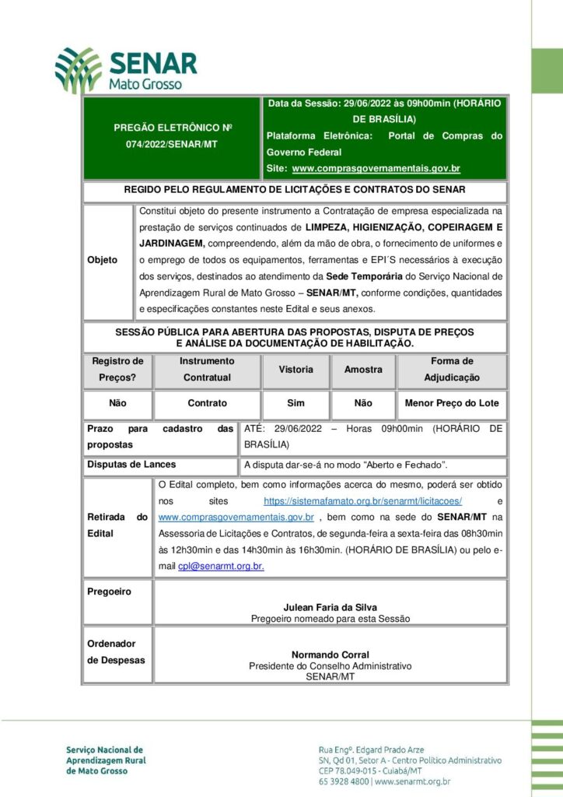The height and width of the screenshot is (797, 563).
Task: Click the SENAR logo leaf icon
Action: (78, 69)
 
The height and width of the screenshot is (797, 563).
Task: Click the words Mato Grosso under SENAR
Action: (146, 83)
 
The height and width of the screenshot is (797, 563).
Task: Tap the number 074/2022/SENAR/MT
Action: (173, 145)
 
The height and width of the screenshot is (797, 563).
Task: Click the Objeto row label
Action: (103, 259)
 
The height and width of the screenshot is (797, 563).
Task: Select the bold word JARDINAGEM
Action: (172, 243)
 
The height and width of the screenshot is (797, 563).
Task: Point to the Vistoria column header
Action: (295, 370)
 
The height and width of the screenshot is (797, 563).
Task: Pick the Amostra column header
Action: (363, 370)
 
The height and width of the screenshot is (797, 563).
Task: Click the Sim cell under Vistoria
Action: (295, 403)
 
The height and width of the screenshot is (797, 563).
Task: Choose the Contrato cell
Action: (207, 403)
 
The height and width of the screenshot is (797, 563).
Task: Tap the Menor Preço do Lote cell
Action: (452, 403)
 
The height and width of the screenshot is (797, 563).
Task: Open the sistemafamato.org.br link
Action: (363, 501)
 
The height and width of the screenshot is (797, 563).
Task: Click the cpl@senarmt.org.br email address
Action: (221, 567)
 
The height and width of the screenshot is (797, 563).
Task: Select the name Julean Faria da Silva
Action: (330, 608)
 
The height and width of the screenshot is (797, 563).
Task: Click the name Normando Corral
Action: (330, 655)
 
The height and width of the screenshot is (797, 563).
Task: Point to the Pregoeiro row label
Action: (109, 592)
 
